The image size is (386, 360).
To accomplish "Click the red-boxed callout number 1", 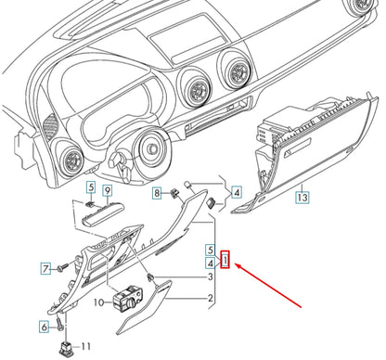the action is [225, 260].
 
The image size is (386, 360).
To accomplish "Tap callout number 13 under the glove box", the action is [302, 197].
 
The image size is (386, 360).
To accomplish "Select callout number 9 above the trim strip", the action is [107, 191].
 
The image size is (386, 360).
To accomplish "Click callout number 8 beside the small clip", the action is [157, 194].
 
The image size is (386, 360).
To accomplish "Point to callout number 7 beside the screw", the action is [45, 268].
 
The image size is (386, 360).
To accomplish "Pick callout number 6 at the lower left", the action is [45, 327].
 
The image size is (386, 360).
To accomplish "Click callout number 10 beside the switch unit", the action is [99, 302].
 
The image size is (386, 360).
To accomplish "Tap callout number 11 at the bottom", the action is [85, 346].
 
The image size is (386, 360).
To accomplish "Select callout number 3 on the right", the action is [210, 276].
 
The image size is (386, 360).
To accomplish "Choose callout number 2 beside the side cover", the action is [211, 299].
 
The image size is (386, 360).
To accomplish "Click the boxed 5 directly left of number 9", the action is [91, 187].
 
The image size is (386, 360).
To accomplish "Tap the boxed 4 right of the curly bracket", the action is [237, 192].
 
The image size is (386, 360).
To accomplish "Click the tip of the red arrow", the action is [236, 264].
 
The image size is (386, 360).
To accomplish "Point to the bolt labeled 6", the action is [59, 325].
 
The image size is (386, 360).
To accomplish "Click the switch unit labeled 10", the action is [128, 298].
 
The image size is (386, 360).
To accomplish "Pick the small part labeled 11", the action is [66, 348].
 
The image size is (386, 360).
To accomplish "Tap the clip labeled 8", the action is [175, 193].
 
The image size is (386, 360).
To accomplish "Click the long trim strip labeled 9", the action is [102, 214].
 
